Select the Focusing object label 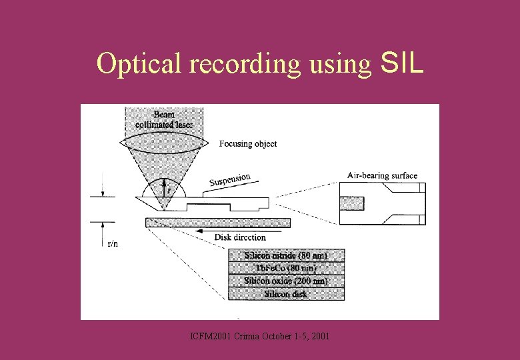pyautogui.click(x=248, y=143)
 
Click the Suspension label pyautogui.click(x=230, y=179)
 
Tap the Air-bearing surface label pyautogui.click(x=382, y=176)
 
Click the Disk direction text pyautogui.click(x=240, y=237)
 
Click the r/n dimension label pyautogui.click(x=113, y=243)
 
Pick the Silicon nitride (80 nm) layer pyautogui.click(x=286, y=255)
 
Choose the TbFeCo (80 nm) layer pyautogui.click(x=286, y=268)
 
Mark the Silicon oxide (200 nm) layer pyautogui.click(x=286, y=281)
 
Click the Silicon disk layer pyautogui.click(x=286, y=293)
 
